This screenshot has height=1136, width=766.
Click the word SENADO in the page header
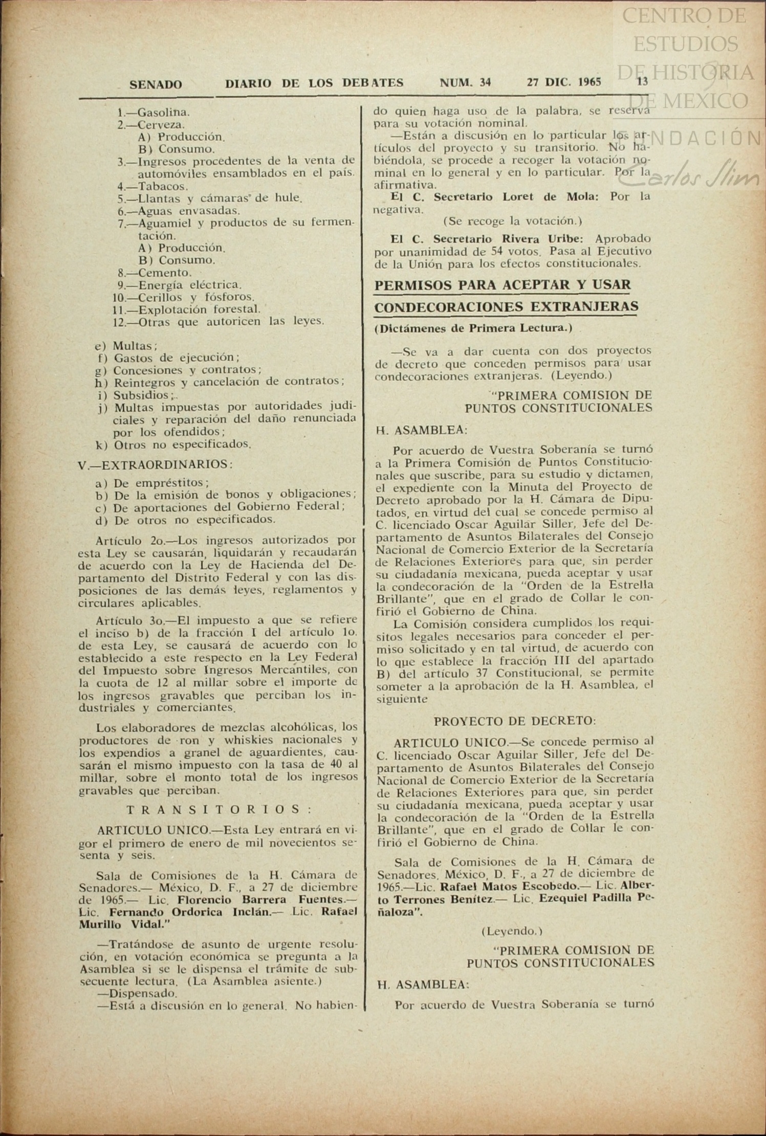(156, 84)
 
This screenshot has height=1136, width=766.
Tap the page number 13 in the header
(642, 81)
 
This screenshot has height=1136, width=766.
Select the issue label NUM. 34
(465, 82)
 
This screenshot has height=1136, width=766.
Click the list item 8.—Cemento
(155, 273)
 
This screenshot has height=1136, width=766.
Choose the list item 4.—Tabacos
(153, 186)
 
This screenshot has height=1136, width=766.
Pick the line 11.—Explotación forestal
(187, 309)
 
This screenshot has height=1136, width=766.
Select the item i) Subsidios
(136, 395)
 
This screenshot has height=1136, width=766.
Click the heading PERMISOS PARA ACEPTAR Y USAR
(502, 285)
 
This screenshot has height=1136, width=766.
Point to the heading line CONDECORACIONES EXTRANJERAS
(506, 307)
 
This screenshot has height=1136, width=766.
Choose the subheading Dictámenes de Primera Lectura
(473, 328)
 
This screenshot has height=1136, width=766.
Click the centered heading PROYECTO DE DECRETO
(514, 721)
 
